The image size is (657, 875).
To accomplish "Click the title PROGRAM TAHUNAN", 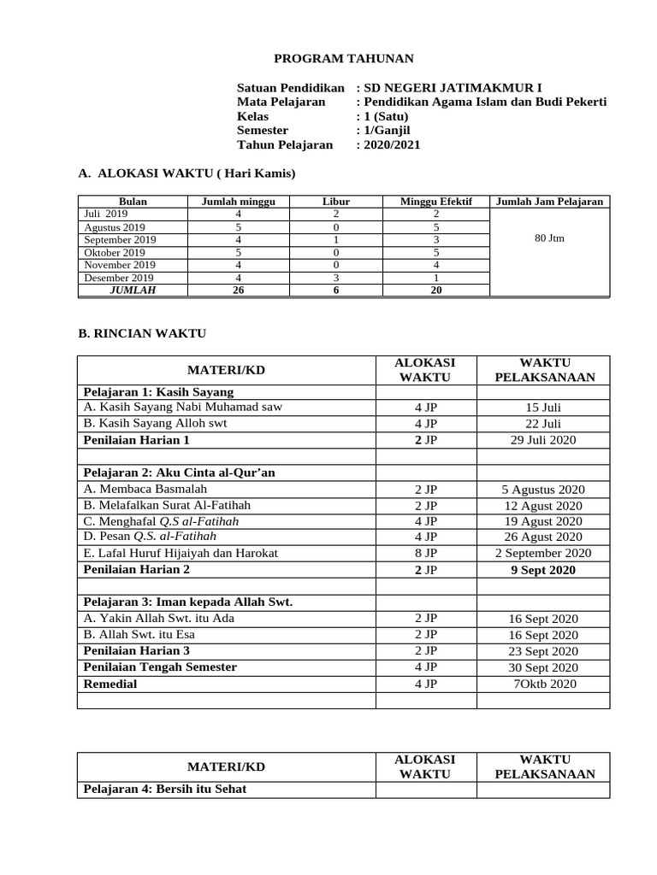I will (343, 58).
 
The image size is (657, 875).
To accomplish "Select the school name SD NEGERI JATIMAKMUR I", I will (453, 87).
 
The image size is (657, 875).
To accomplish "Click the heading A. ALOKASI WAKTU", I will (186, 173).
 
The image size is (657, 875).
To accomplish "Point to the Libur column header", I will (335, 202).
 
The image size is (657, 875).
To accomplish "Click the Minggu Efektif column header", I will (435, 202).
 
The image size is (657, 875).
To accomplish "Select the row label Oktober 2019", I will (115, 252).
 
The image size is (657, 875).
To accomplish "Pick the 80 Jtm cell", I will (548, 238).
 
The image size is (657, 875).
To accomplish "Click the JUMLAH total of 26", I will (238, 291).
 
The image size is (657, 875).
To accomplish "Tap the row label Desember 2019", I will (118, 278).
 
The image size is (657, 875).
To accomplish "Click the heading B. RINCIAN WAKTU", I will (142, 332).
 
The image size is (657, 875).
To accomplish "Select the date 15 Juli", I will (544, 408).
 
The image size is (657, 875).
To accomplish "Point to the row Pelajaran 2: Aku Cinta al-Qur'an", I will (179, 473).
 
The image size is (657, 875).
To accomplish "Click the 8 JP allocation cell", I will (425, 554).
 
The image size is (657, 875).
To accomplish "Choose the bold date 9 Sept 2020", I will (544, 570).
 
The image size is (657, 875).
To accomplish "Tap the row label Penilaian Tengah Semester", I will (160, 667).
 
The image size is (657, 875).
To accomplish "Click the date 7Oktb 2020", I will (544, 684).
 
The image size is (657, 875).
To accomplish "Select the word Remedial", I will (109, 684).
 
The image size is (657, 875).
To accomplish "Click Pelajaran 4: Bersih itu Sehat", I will (164, 789).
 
